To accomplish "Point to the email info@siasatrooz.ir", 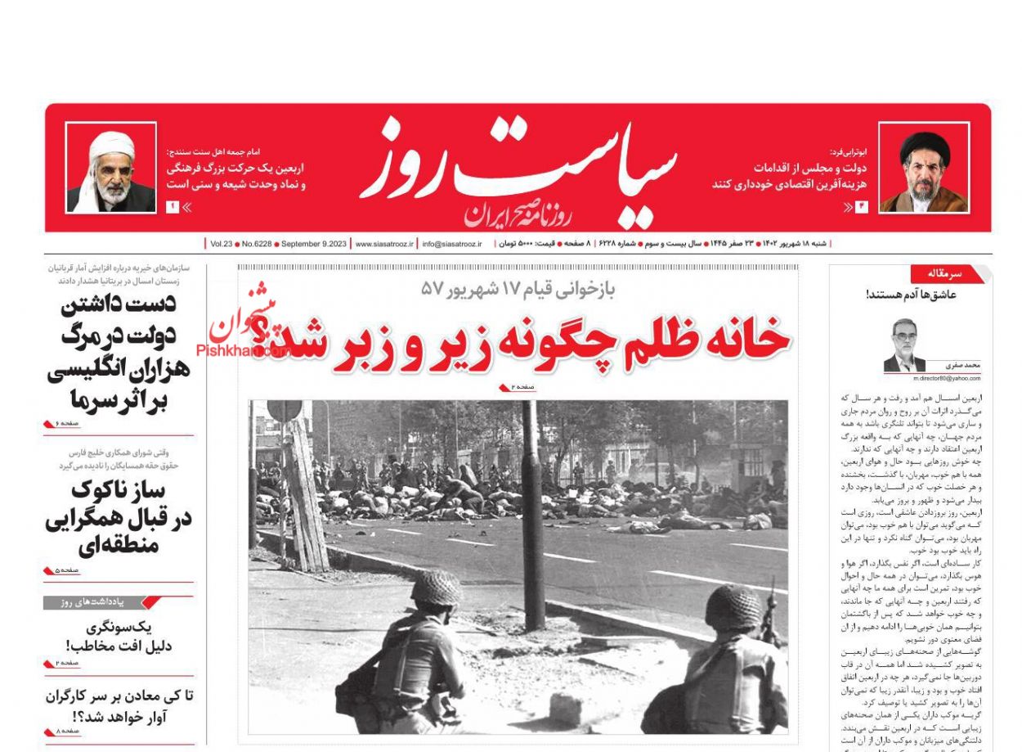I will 452,244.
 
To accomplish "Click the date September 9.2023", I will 314,244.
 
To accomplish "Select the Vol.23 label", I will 221,244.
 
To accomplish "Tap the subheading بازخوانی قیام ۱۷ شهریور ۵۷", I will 518,289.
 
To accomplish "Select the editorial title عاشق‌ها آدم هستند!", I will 911,295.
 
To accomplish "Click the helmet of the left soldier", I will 435,588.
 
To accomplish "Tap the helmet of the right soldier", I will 733,606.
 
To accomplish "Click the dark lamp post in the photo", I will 533,516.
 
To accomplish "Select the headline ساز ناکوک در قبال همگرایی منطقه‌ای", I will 119,517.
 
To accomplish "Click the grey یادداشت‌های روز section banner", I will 96,603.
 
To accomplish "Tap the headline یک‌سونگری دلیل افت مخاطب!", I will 119,637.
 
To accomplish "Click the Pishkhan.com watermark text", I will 242,351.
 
